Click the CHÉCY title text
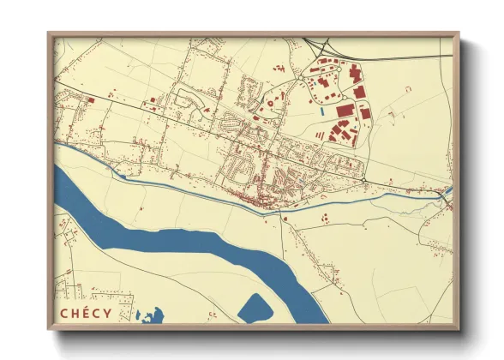tap(85, 313)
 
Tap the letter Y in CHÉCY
tap(106, 313)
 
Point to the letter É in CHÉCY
tap(84, 313)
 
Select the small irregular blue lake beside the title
tap(150, 316)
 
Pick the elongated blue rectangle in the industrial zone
tap(321, 111)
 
